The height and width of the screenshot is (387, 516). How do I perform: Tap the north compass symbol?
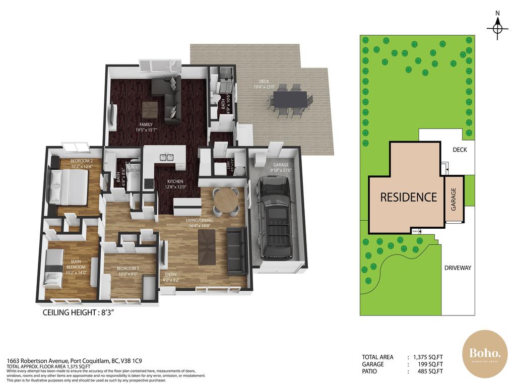click(x=497, y=27)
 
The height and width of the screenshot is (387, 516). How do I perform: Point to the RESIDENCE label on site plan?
click(x=408, y=197)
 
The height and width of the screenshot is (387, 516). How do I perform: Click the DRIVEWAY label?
click(x=458, y=268)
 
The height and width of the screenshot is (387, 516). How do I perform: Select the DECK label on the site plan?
click(x=460, y=150)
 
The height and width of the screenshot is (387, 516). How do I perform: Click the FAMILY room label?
click(x=146, y=124)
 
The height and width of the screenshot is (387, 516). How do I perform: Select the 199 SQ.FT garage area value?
click(x=427, y=364)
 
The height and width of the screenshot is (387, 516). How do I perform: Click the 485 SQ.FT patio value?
click(x=427, y=371)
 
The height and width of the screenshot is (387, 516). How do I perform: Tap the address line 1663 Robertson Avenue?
click(x=74, y=361)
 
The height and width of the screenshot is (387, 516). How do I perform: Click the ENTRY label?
click(x=171, y=274)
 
